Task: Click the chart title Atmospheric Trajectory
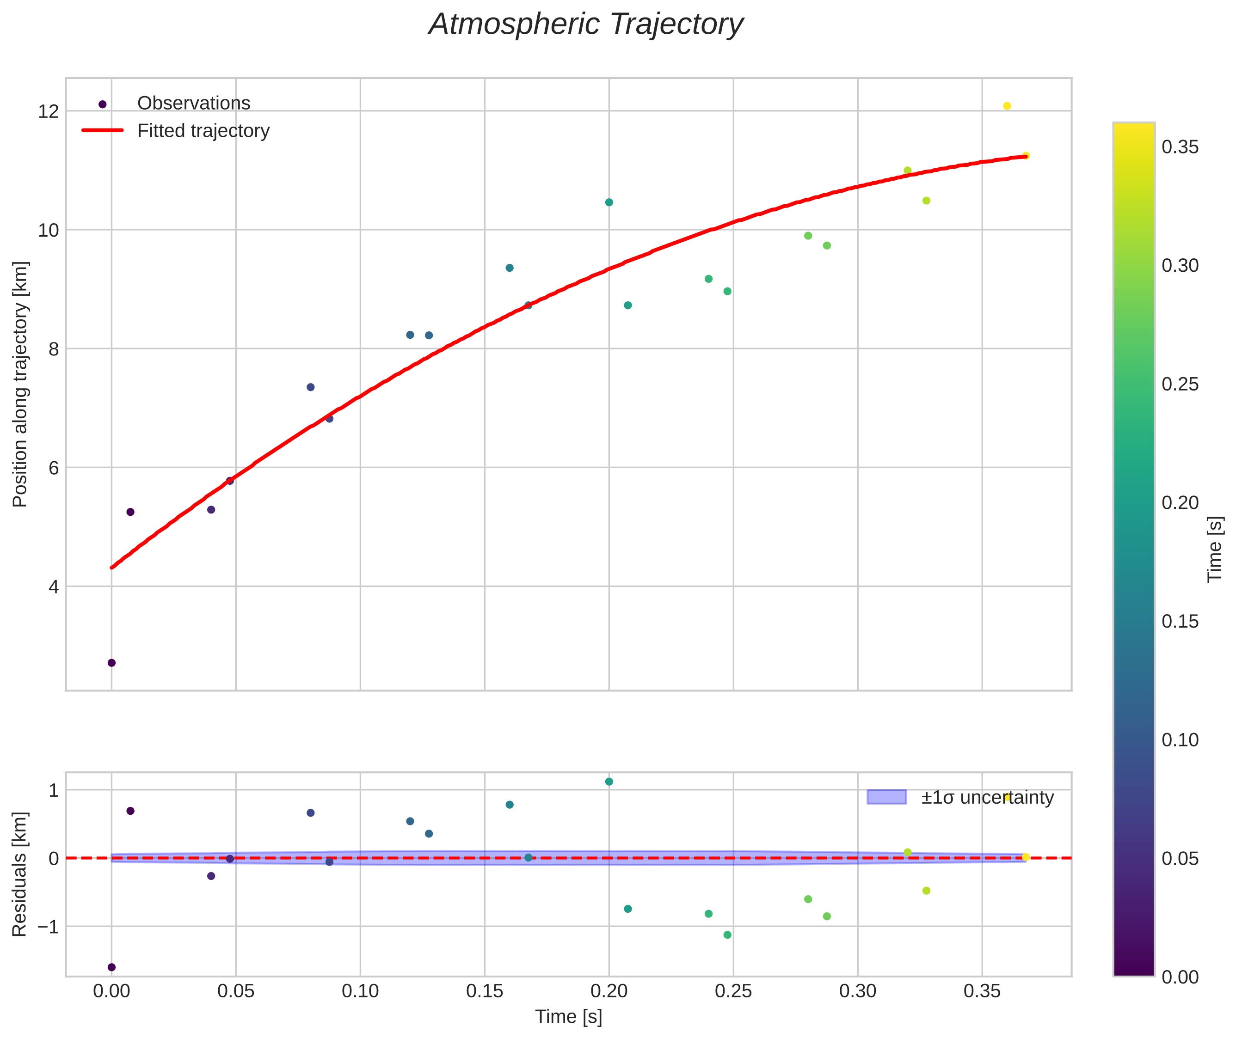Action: click(586, 24)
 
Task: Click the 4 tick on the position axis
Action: click(54, 586)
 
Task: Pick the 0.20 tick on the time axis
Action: click(609, 991)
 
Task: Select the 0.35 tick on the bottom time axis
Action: click(982, 991)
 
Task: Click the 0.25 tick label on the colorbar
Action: click(1180, 384)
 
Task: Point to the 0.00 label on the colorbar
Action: click(1180, 977)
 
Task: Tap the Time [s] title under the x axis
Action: click(568, 1017)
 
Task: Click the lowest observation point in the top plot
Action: click(111, 663)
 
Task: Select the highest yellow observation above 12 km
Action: click(1007, 106)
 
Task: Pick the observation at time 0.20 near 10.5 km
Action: click(609, 202)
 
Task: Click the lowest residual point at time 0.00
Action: click(111, 967)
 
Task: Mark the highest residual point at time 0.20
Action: click(609, 782)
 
